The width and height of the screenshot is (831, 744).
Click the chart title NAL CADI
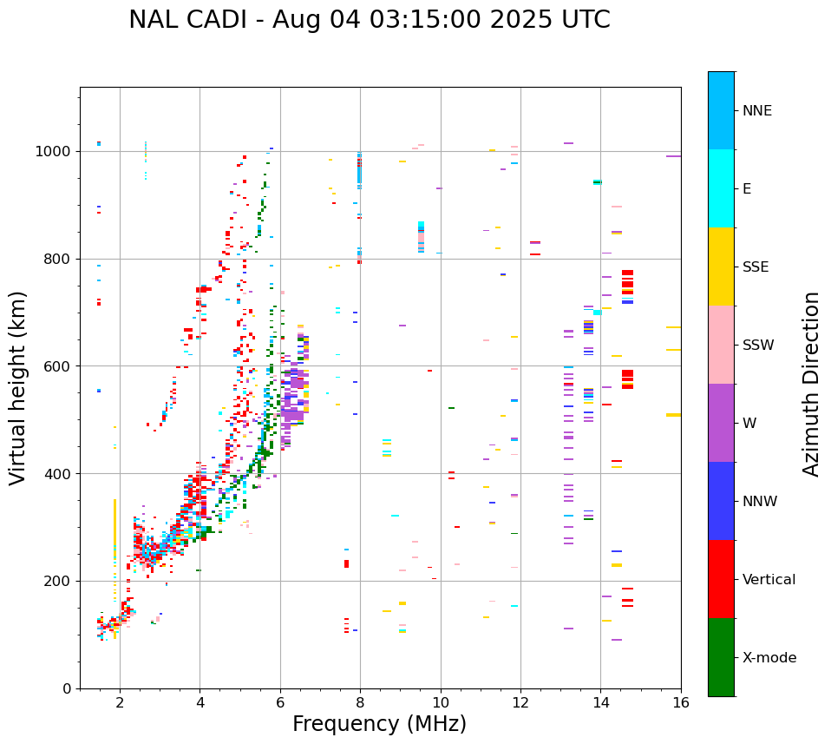369,20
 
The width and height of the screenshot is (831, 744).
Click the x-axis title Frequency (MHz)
379,724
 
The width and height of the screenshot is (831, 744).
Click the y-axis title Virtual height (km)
18,388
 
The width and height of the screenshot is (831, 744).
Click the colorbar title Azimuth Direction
811,384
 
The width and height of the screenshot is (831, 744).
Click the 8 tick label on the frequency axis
360,702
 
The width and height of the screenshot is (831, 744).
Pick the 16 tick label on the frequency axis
681,702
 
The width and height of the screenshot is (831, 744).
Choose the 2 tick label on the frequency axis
120,702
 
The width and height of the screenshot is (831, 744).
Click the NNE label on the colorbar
756,111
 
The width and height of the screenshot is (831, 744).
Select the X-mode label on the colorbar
769,658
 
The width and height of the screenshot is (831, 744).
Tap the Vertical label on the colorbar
769,580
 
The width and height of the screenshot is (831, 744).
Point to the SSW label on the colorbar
758,346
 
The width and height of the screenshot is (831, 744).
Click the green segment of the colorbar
721,657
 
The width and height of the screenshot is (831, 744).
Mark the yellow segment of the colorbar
721,267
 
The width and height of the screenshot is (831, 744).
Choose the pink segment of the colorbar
721,345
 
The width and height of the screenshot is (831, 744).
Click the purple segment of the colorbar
721,423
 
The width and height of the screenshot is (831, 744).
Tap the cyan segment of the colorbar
721,188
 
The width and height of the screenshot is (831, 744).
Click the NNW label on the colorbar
760,502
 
